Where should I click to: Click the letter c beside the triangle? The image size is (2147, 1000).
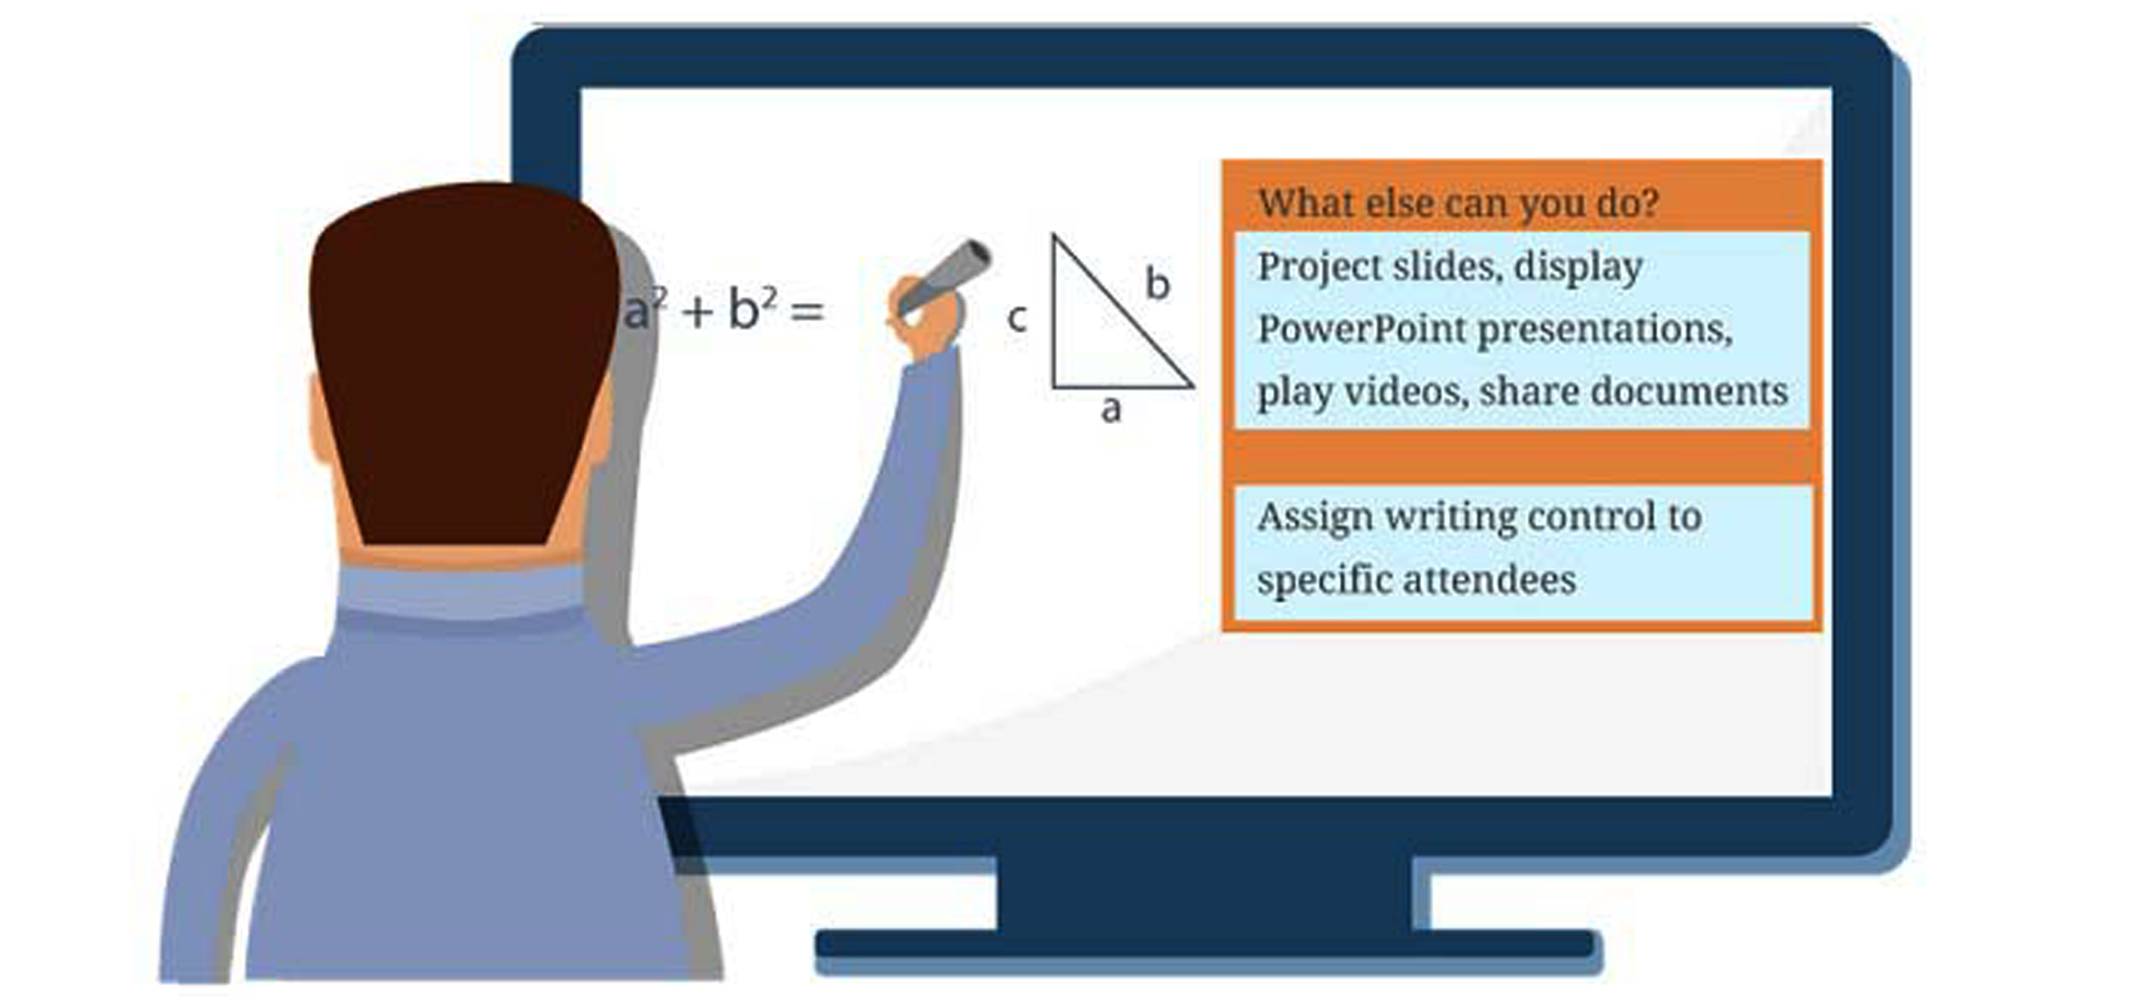point(1017,318)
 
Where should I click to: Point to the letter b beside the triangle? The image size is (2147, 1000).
point(1158,283)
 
